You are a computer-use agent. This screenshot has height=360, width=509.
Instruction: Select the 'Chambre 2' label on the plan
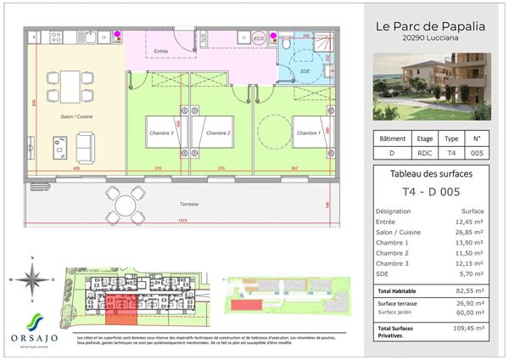point(218,133)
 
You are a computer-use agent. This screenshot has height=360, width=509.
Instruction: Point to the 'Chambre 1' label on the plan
point(308,133)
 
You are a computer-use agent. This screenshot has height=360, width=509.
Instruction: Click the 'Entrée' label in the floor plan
point(160,52)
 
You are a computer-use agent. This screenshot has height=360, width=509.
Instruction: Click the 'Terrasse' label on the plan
point(189,205)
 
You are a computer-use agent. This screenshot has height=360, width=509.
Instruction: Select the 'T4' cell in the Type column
point(451,154)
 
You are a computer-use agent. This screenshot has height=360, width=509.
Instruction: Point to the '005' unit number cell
point(477,154)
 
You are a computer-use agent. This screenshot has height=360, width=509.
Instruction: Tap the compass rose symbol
point(31,278)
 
